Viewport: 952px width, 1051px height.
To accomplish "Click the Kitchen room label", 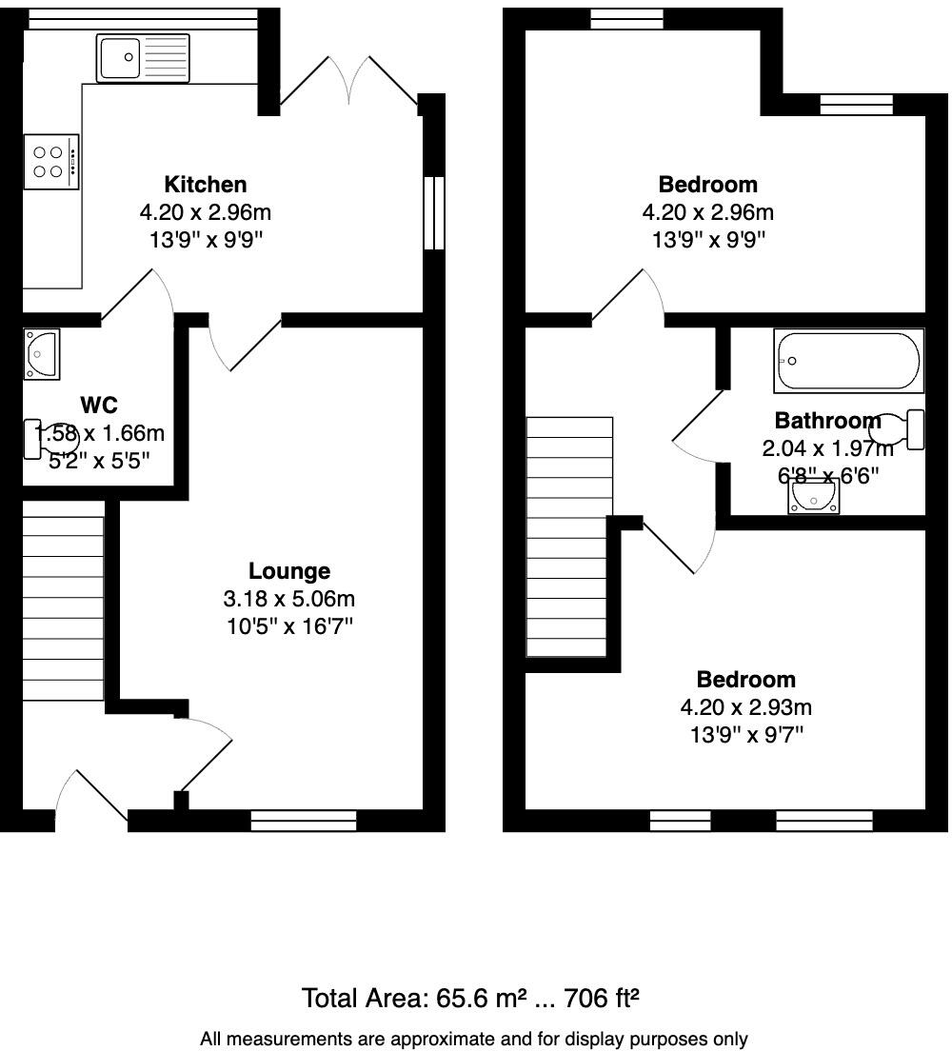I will pyautogui.click(x=205, y=184).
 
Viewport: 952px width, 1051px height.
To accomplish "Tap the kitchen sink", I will pyautogui.click(x=143, y=57).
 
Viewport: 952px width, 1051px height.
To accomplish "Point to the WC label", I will pyautogui.click(x=99, y=406).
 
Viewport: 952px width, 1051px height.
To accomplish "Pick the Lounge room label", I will pyautogui.click(x=289, y=571).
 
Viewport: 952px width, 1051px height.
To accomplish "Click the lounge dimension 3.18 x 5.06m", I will pyautogui.click(x=289, y=599).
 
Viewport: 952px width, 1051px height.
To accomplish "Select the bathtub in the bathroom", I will pyautogui.click(x=848, y=362).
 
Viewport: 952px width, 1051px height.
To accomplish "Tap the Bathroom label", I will pyautogui.click(x=827, y=421).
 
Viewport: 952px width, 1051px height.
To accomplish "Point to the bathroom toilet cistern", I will pyautogui.click(x=916, y=429).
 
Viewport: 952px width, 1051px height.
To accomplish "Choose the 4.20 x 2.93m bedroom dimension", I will pyautogui.click(x=745, y=707).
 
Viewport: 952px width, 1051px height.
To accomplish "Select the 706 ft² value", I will pyautogui.click(x=602, y=998).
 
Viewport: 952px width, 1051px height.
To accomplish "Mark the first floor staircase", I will pyautogui.click(x=569, y=538).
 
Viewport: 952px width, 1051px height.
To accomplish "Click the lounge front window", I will pyautogui.click(x=304, y=820).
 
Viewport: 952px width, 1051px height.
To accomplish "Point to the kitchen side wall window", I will pyautogui.click(x=433, y=213).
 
